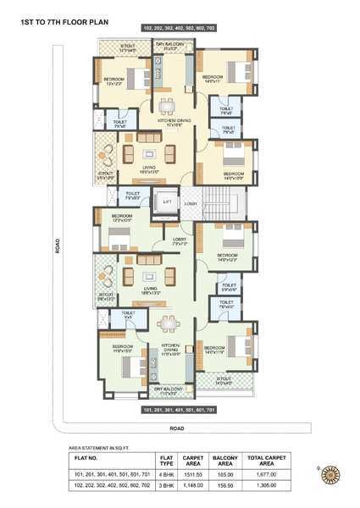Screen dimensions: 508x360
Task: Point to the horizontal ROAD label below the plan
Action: point(177,428)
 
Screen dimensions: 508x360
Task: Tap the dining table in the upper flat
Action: point(168,105)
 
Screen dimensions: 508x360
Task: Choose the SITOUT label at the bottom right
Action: point(224,381)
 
